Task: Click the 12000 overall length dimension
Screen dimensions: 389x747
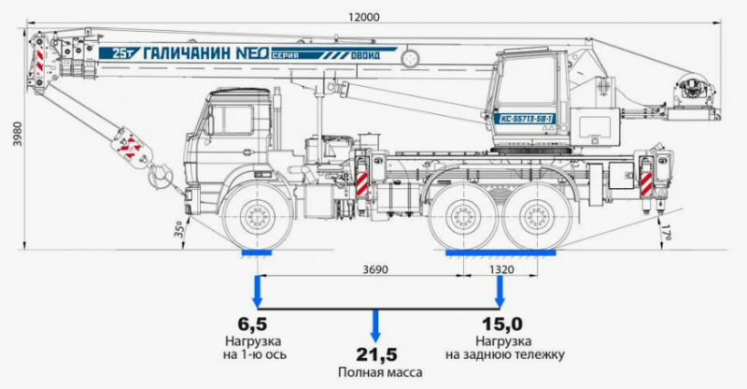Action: click(363, 17)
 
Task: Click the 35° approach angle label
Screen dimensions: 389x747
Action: click(176, 227)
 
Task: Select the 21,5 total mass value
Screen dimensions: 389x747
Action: click(375, 354)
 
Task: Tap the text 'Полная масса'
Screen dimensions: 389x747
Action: click(375, 373)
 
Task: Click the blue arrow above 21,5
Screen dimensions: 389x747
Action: click(375, 326)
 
